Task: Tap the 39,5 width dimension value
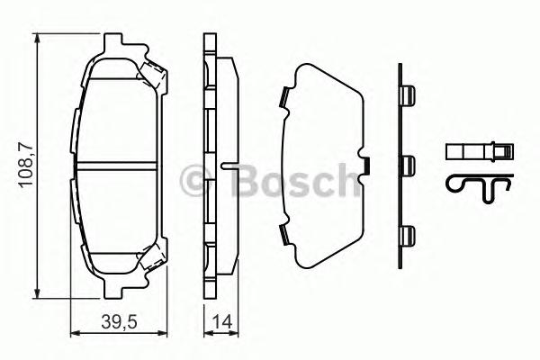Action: (x=115, y=321)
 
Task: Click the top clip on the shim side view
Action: (x=407, y=96)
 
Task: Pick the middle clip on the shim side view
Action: (x=407, y=165)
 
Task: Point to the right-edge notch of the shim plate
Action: (x=367, y=165)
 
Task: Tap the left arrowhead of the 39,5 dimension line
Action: (x=74, y=334)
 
